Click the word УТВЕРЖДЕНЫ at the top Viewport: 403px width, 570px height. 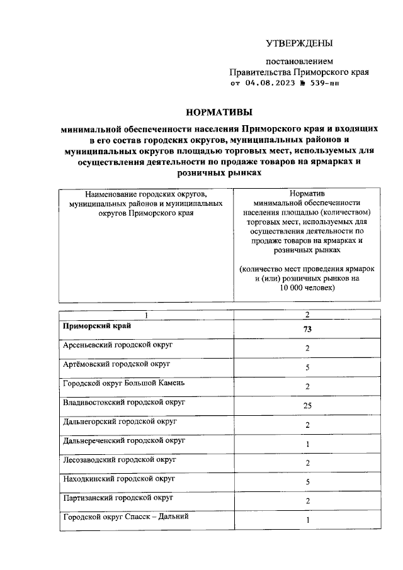pos(298,43)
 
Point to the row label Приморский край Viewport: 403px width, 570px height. pos(96,327)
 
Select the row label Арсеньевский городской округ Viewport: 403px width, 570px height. pos(118,345)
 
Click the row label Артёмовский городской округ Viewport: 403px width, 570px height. pos(116,364)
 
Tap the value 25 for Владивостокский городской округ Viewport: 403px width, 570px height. pos(307,406)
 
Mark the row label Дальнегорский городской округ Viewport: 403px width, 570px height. pos(119,422)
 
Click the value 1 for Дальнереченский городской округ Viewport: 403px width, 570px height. pos(307,444)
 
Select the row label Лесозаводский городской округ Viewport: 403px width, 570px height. pos(119,460)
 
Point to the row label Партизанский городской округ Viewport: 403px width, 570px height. pos(117,498)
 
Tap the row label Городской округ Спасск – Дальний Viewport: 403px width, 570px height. pos(125,517)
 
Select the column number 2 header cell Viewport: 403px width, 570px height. pos(307,314)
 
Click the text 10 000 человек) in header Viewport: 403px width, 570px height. pos(307,288)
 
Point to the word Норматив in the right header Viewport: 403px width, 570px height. pos(307,194)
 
